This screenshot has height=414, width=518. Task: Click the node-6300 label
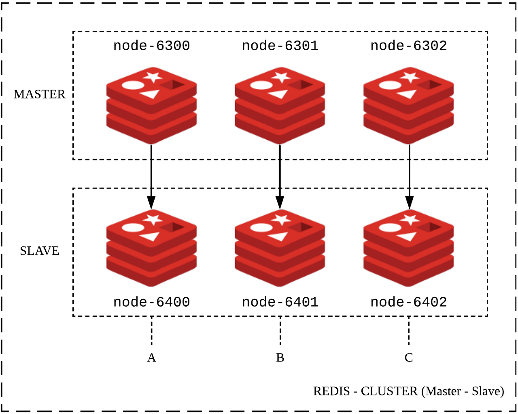pos(151,46)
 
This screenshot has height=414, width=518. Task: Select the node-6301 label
pos(280,46)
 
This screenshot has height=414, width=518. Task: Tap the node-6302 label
pos(409,46)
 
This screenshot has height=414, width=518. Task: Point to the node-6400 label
pos(151,302)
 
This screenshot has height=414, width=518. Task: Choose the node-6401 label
pos(280,302)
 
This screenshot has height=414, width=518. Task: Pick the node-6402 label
pos(409,302)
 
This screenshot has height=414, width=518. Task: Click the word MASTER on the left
pos(39,94)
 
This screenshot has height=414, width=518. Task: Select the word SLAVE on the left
pos(39,251)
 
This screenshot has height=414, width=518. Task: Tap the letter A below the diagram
pos(151,357)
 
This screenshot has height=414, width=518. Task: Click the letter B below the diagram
pos(280,357)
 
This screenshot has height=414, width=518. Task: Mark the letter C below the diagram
pos(409,357)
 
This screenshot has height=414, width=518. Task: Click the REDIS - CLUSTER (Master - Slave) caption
pos(408,391)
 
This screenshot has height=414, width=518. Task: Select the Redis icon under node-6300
pos(151,106)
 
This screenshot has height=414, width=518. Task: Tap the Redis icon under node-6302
pos(409,106)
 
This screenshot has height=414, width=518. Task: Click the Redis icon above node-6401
pos(280,248)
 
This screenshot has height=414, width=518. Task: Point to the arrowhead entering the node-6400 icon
pos(151,202)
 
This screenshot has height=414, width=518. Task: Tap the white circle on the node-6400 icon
pos(133,227)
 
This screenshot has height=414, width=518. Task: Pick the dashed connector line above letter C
pos(409,331)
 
